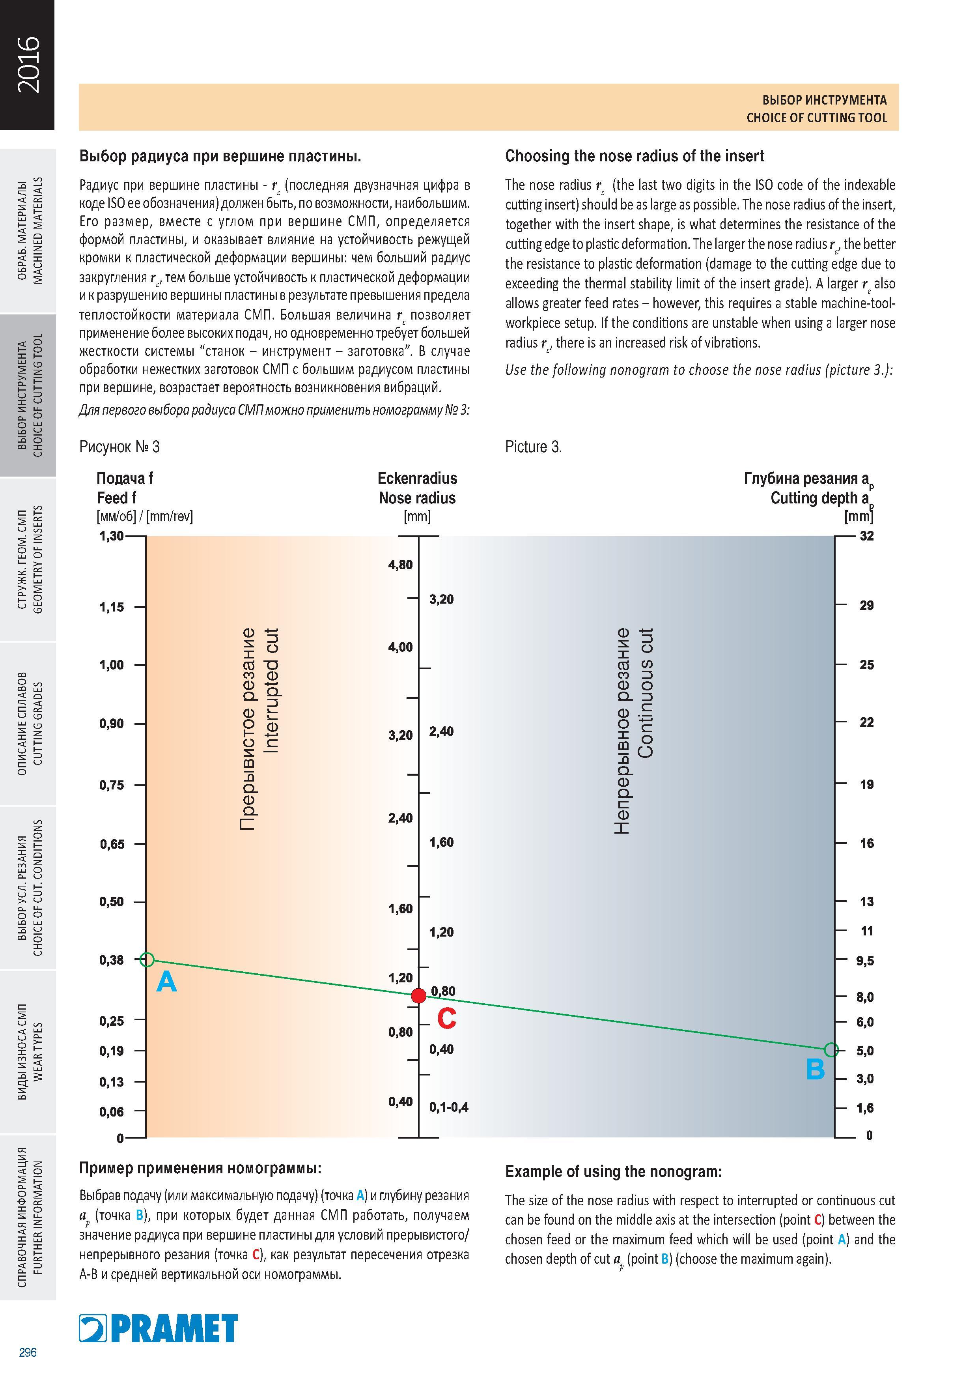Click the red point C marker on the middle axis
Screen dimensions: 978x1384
[x=418, y=996]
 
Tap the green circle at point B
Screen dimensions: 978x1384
[x=831, y=1049]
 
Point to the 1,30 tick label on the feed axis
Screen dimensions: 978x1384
[x=112, y=536]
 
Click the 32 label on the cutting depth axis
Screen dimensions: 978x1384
[x=866, y=536]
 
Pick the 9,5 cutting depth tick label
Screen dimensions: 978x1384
[x=865, y=961]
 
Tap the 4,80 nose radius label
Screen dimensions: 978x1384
[x=401, y=565]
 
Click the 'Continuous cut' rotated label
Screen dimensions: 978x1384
[x=646, y=693]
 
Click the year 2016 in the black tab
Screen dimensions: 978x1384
[x=28, y=64]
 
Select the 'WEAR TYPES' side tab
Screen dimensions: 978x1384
[x=38, y=1051]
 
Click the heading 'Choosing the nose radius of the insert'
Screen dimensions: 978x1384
[x=635, y=156]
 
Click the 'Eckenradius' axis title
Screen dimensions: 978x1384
[x=417, y=478]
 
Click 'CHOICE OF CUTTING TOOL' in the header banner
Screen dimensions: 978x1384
[x=816, y=118]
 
